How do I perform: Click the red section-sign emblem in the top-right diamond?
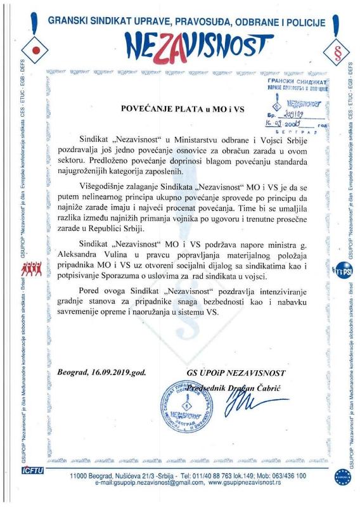click(x=337, y=49)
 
